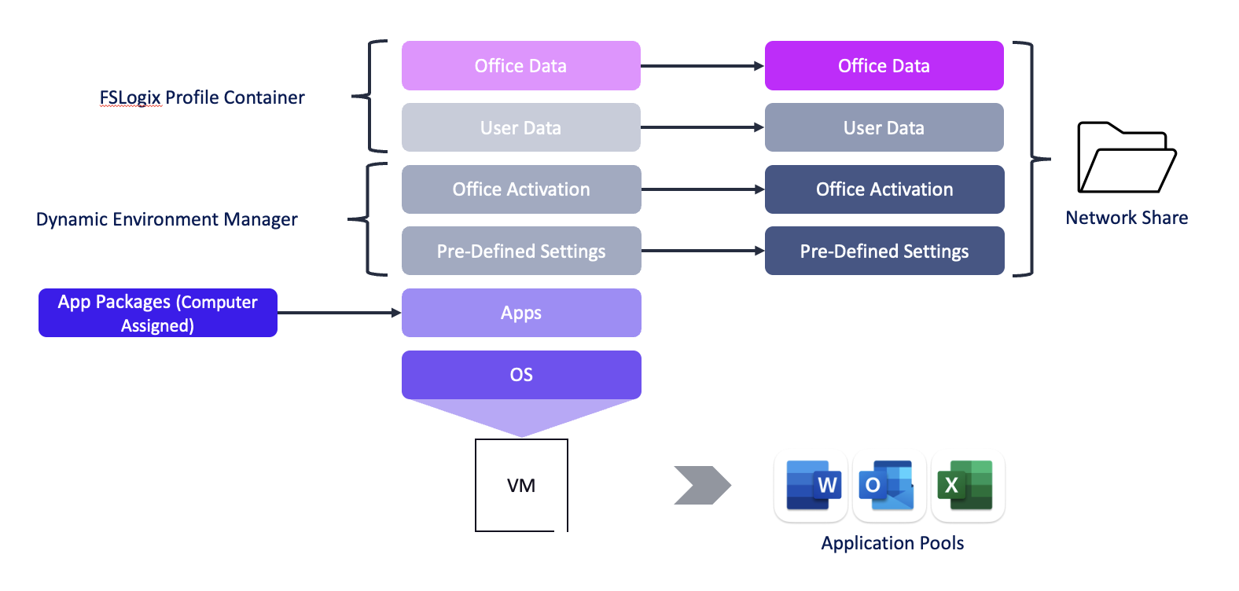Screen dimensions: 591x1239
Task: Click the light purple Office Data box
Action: pos(520,66)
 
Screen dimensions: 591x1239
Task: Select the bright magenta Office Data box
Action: pos(884,66)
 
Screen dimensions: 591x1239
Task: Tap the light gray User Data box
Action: pos(520,127)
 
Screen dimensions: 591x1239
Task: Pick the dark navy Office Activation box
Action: pos(884,189)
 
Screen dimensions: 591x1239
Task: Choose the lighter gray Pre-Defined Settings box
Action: pos(520,251)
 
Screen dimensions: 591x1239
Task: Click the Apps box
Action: pos(520,313)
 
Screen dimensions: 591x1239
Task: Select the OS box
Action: pos(520,375)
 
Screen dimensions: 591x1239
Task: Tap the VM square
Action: pos(521,485)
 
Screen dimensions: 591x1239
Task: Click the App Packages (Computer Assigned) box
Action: pos(157,313)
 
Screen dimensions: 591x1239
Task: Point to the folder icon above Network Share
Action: pos(1126,158)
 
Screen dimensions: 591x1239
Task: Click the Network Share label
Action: pos(1126,218)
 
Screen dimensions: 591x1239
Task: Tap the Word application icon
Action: pos(811,486)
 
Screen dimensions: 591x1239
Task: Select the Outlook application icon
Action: pos(888,486)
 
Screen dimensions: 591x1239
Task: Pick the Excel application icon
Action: pos(967,486)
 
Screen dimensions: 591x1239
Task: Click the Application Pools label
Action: pos(892,543)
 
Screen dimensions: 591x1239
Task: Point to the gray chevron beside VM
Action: pos(701,486)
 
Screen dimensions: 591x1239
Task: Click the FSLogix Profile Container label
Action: pos(201,97)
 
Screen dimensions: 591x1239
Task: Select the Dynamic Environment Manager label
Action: pos(167,219)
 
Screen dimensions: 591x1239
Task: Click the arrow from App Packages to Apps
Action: pos(339,313)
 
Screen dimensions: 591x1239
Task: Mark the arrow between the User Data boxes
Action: pos(702,127)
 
